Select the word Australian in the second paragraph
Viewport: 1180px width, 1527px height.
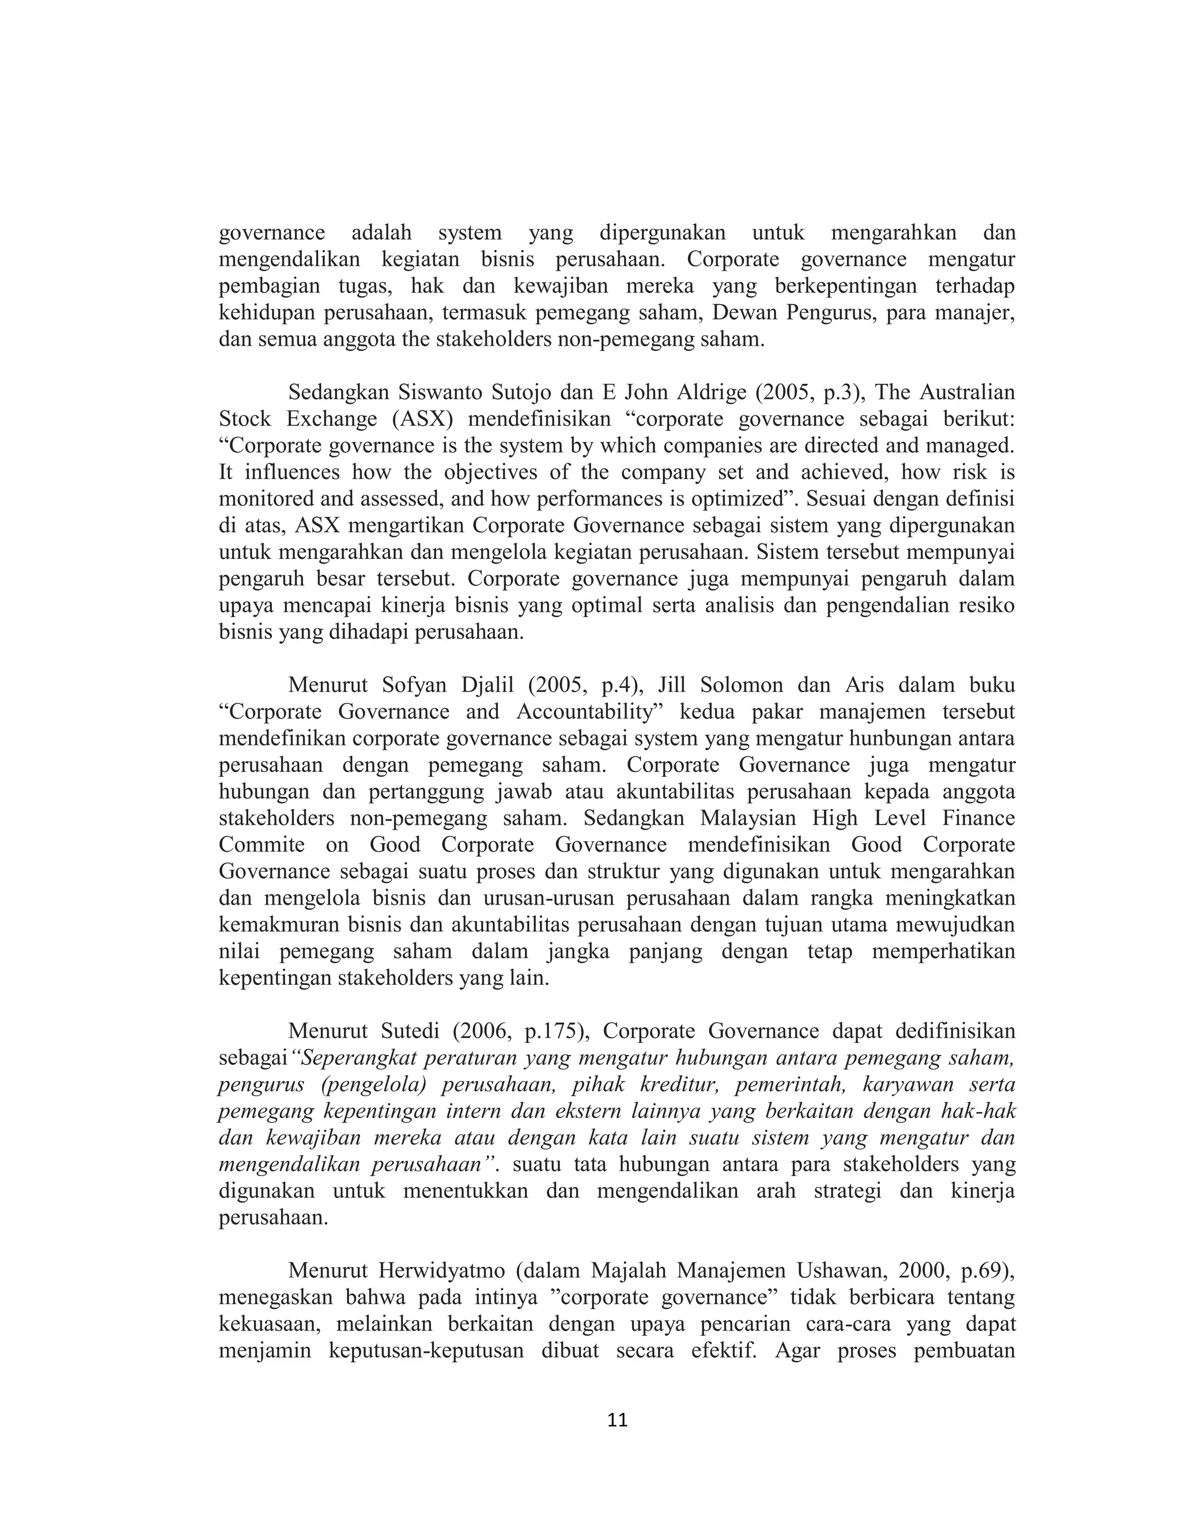point(967,392)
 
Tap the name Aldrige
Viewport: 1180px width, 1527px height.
point(702,392)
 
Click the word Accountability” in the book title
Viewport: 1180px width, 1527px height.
point(593,712)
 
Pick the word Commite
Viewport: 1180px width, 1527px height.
point(262,845)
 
